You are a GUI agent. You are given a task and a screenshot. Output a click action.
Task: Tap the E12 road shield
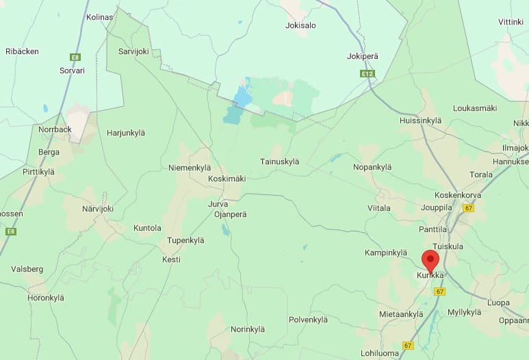coord(367,73)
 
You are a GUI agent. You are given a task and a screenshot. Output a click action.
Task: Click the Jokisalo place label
coord(300,26)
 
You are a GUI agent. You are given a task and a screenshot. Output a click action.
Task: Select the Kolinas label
coord(99,17)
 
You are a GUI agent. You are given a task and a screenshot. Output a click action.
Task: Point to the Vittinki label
coord(511,22)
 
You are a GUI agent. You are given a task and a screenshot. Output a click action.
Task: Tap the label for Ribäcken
coord(22,51)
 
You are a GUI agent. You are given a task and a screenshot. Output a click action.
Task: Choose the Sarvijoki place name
coord(133,51)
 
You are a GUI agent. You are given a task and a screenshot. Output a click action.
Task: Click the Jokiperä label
coord(363,56)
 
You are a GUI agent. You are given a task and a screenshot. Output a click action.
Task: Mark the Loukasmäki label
coord(475,108)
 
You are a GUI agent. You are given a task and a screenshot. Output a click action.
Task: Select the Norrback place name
coord(55,129)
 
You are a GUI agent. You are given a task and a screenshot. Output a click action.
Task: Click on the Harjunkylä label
coord(127,133)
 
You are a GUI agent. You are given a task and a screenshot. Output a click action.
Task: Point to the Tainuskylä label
coord(280,162)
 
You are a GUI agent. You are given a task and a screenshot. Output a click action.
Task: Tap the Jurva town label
coord(217,204)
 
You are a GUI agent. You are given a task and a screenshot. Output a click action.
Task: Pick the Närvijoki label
coord(97,209)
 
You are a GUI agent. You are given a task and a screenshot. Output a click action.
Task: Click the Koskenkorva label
coord(458,194)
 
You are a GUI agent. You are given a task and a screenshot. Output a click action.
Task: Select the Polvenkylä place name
coord(308,320)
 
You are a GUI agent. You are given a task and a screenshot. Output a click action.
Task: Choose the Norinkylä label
coord(247,329)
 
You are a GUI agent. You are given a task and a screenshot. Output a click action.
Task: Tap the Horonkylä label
coord(45,298)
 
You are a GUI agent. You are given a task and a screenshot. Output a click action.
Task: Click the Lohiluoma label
coord(379,354)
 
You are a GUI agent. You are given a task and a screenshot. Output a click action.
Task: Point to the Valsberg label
coord(27,269)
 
